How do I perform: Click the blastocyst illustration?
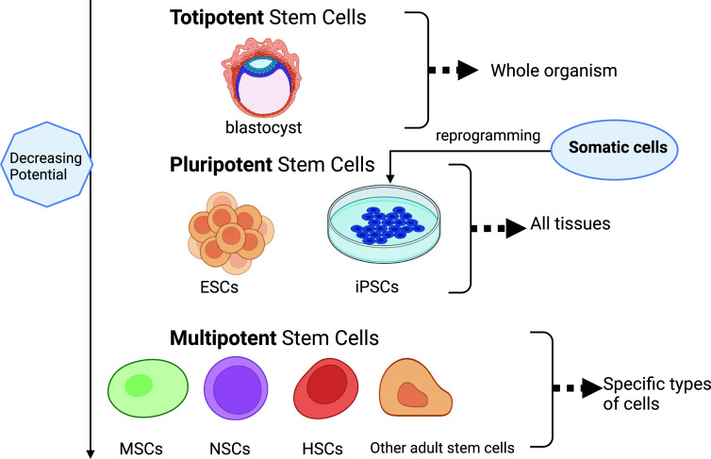pyautogui.click(x=261, y=77)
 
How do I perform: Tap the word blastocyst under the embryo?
pyautogui.click(x=263, y=128)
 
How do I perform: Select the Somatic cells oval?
pyautogui.click(x=615, y=150)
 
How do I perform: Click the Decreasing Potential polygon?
pyautogui.click(x=46, y=165)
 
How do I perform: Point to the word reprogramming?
pyautogui.click(x=488, y=136)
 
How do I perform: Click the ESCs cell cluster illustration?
pyautogui.click(x=231, y=233)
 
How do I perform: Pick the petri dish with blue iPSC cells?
pyautogui.click(x=384, y=223)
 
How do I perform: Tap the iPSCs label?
pyautogui.click(x=377, y=287)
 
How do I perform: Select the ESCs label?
pyautogui.click(x=219, y=287)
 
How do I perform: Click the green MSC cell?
pyautogui.click(x=148, y=388)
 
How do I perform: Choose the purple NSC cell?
pyautogui.click(x=236, y=388)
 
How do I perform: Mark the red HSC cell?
pyautogui.click(x=325, y=388)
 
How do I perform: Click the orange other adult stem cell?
pyautogui.click(x=415, y=387)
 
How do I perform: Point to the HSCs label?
pyautogui.click(x=322, y=449)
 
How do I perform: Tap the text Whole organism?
pyautogui.click(x=554, y=71)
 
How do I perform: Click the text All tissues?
pyautogui.click(x=570, y=223)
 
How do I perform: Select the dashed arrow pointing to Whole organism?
pyautogui.click(x=453, y=71)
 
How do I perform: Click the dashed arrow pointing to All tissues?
pyautogui.click(x=499, y=228)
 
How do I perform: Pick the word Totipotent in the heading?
pyautogui.click(x=217, y=18)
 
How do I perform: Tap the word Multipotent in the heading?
pyautogui.click(x=223, y=338)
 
